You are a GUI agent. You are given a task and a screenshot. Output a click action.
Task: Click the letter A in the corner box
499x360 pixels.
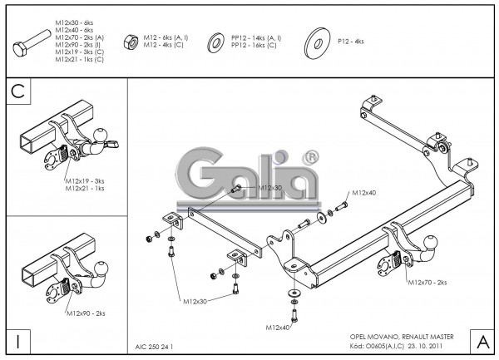tap(481, 341)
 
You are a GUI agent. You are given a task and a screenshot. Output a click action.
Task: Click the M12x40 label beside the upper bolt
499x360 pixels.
tap(363, 192)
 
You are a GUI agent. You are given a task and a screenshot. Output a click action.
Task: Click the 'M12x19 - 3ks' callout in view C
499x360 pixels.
tap(85, 179)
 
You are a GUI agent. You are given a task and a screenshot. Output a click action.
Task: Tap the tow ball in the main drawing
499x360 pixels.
tap(412, 245)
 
